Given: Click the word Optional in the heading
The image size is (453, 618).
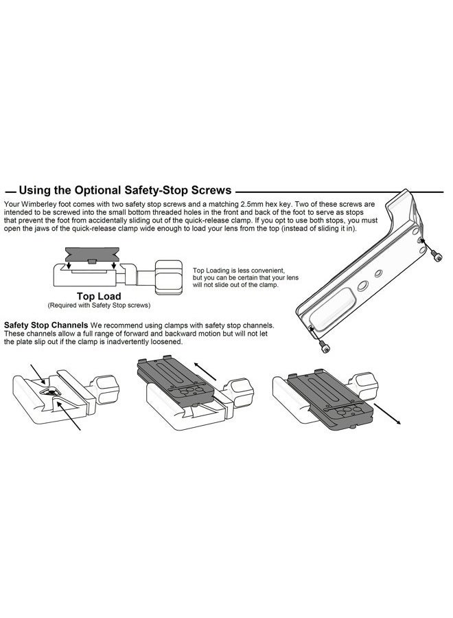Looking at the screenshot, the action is pyautogui.click(x=97, y=190).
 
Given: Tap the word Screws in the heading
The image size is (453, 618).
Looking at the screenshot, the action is pyautogui.click(x=211, y=190).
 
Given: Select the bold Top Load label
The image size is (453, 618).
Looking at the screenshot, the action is pyautogui.click(x=98, y=296).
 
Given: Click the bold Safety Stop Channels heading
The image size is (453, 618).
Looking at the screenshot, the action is pyautogui.click(x=46, y=325).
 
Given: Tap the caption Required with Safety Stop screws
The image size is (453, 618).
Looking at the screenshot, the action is pyautogui.click(x=99, y=305).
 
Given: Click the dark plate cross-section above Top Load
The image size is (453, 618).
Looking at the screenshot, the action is pyautogui.click(x=93, y=254).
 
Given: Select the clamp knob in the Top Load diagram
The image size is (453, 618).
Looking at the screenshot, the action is pyautogui.click(x=168, y=277).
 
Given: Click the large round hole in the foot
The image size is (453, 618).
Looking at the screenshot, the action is pyautogui.click(x=363, y=286).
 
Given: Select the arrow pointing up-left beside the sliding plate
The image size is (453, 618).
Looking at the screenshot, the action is pyautogui.click(x=205, y=371).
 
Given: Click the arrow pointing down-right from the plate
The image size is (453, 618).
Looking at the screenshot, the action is pyautogui.click(x=387, y=414).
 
